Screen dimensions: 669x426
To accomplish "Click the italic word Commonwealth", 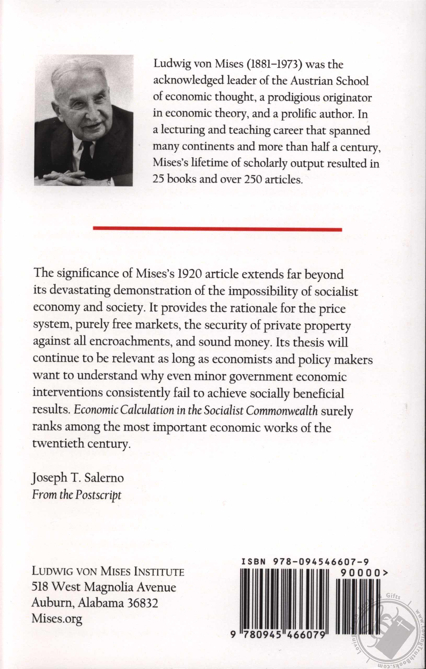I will [x=282, y=411].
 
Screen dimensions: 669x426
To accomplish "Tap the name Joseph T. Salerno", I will [x=78, y=478].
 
